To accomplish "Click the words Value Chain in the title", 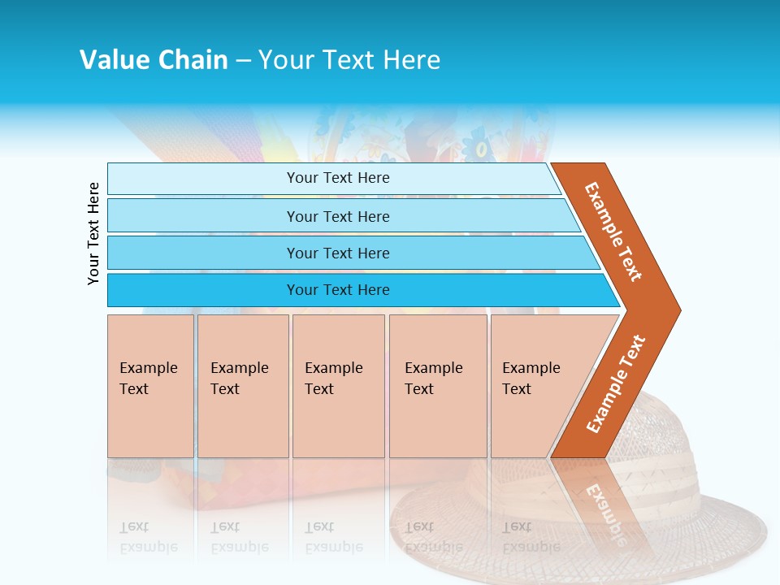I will click(x=154, y=60).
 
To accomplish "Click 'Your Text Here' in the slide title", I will click(x=349, y=60).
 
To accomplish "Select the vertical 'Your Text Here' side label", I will click(x=93, y=233).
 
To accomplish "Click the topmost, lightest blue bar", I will click(x=203, y=179).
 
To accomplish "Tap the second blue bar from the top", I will click(x=203, y=216).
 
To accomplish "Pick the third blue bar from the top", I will click(x=203, y=253).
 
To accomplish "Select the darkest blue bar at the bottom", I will click(x=203, y=290).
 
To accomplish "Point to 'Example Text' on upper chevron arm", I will click(x=613, y=232).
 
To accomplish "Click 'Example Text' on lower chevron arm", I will click(x=616, y=383).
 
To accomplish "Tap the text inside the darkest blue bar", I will click(x=338, y=290).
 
